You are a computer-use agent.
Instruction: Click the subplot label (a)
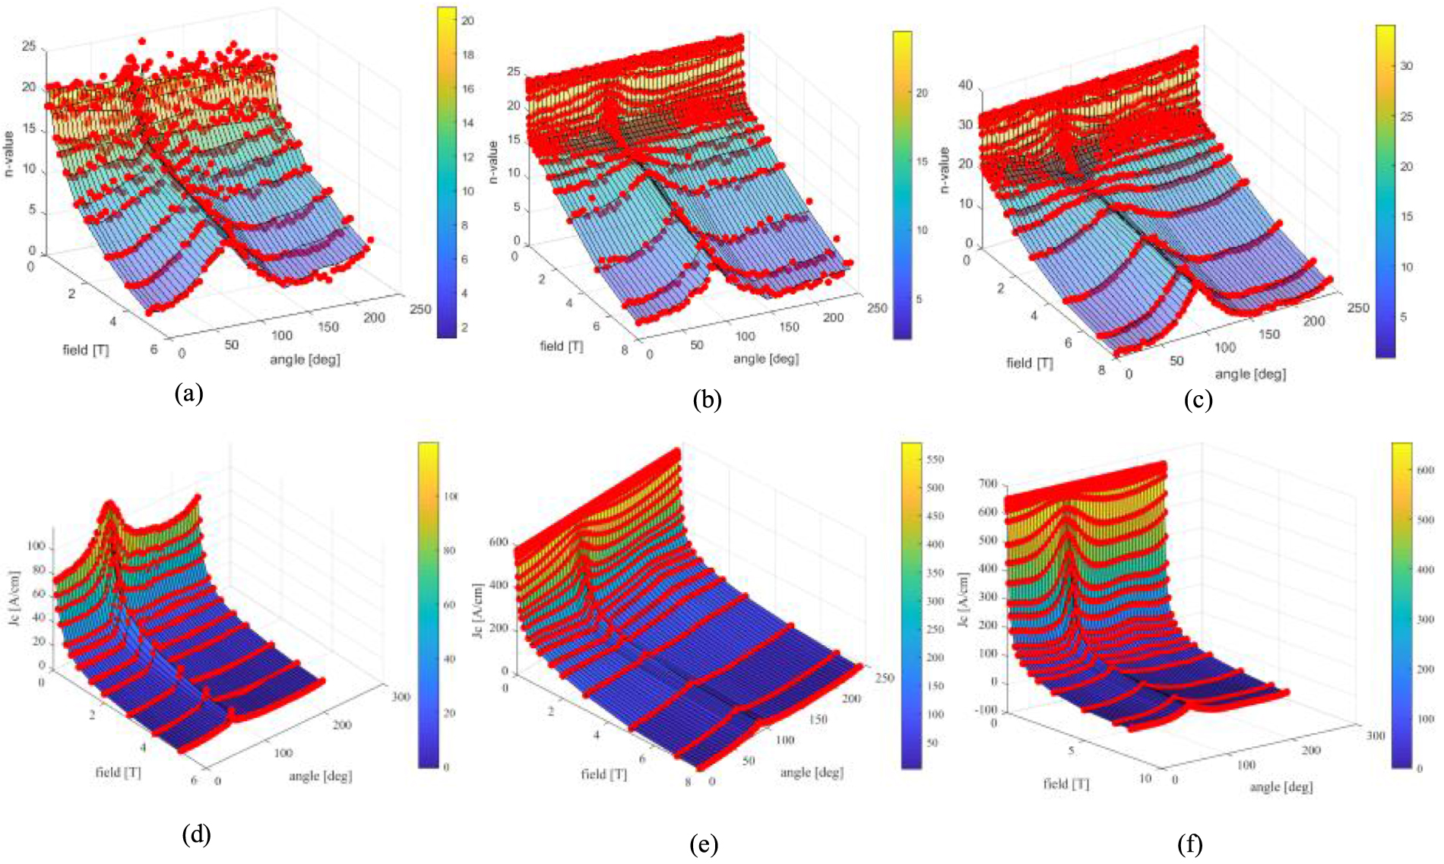coord(188,393)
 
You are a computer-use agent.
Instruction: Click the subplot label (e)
coord(704,843)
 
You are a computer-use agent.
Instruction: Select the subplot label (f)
coord(1189,843)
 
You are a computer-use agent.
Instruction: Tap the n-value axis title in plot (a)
coord(9,154)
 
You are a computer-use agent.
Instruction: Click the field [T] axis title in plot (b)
coord(561,347)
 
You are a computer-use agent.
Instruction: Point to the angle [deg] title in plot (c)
coord(1250,374)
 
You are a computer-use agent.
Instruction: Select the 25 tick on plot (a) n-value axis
coord(29,47)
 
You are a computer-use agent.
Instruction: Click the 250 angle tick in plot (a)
coord(420,309)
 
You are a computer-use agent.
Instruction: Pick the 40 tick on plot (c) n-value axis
coord(965,85)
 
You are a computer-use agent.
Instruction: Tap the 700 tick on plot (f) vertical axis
coord(987,484)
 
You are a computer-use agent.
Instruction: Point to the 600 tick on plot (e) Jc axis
coord(499,543)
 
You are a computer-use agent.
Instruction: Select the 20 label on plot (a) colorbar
coord(467,21)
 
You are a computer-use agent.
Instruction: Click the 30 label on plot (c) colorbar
coord(1406,66)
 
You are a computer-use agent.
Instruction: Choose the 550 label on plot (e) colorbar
coord(934,460)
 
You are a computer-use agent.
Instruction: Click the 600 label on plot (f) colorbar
coord(1425,470)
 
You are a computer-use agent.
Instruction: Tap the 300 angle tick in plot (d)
coord(400,697)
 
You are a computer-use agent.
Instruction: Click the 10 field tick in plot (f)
coord(1145,778)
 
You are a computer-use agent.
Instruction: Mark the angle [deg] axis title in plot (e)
coord(811,773)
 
